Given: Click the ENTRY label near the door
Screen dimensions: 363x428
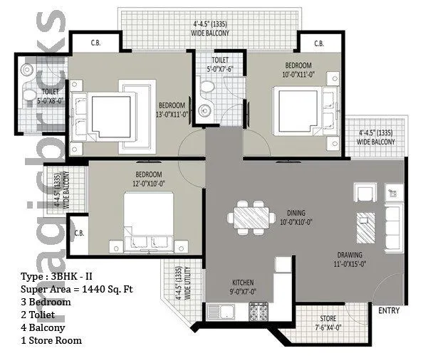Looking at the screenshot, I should click(389, 311).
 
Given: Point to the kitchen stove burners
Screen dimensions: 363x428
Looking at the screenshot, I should click(257, 311).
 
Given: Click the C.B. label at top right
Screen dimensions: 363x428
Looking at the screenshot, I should click(318, 44).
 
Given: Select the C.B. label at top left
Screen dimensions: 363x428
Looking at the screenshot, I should click(95, 44).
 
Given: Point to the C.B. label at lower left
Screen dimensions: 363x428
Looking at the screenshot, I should click(80, 233).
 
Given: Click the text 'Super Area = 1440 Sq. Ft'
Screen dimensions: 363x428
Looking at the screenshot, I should click(77, 289).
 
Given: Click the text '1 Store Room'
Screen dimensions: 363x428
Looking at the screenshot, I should click(51, 340).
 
